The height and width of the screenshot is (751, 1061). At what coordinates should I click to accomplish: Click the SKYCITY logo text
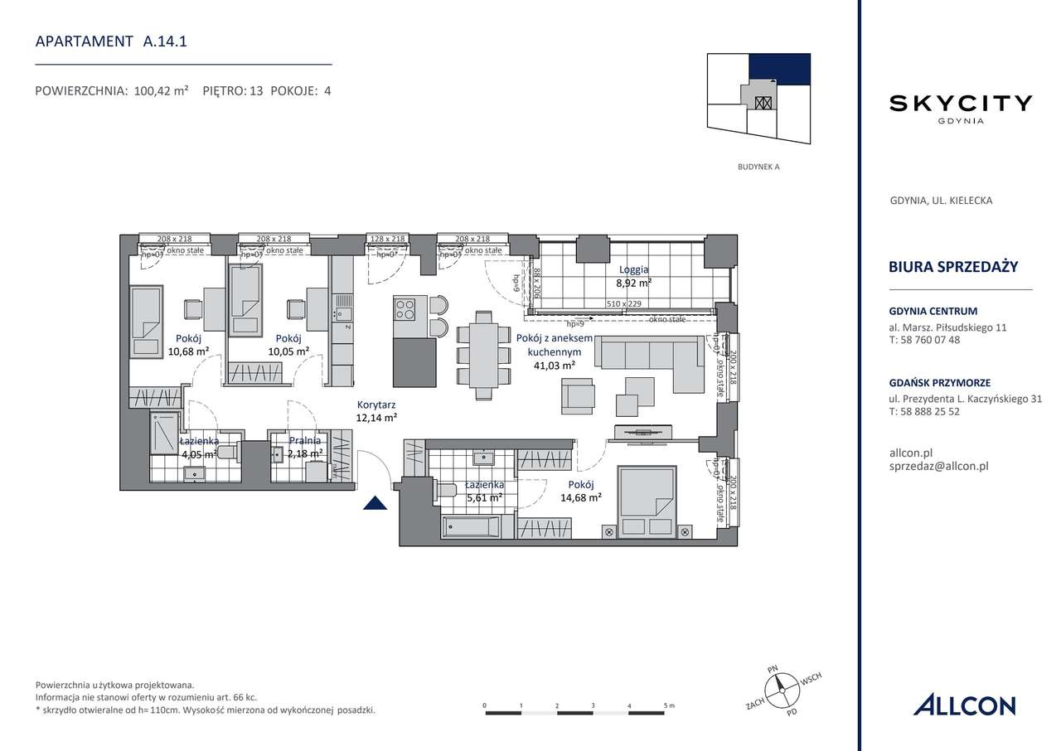tap(961, 104)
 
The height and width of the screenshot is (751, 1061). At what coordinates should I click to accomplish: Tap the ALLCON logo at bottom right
tap(964, 705)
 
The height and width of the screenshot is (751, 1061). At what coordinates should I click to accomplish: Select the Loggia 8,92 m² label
tap(634, 276)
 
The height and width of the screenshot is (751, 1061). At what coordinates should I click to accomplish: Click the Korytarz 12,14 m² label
tap(375, 412)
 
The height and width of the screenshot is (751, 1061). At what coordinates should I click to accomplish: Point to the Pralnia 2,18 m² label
tap(304, 448)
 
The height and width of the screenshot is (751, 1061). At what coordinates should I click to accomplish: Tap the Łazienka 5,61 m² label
tap(483, 492)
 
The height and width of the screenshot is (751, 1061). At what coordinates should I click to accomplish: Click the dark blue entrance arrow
tap(375, 503)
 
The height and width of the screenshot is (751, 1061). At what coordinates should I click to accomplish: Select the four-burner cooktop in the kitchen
tap(405, 309)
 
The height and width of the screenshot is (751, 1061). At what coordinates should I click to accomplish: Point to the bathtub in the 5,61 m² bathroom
tap(470, 527)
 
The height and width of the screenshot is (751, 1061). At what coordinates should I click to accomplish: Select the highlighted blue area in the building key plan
tap(779, 69)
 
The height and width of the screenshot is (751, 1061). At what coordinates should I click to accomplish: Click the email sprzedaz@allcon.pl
tap(937, 466)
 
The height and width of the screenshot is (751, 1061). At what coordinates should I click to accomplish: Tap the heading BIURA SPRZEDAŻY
tap(952, 266)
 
